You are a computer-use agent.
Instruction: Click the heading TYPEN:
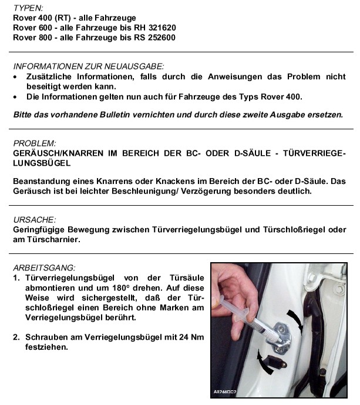coord(28,9)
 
